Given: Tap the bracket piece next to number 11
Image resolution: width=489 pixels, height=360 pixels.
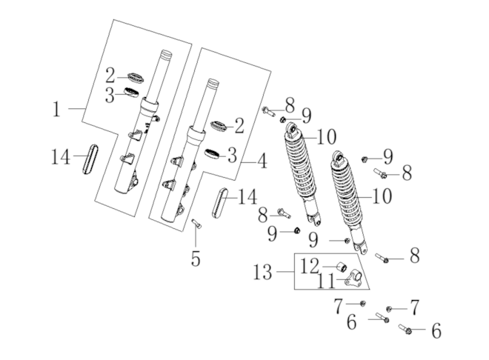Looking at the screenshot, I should click(352, 279).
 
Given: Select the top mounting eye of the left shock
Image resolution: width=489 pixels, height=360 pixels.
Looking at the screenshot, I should click(294, 133).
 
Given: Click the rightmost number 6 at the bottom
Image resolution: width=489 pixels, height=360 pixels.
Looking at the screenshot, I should click(436, 331).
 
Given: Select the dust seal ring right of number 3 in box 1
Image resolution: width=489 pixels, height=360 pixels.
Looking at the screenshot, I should click(131, 93).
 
